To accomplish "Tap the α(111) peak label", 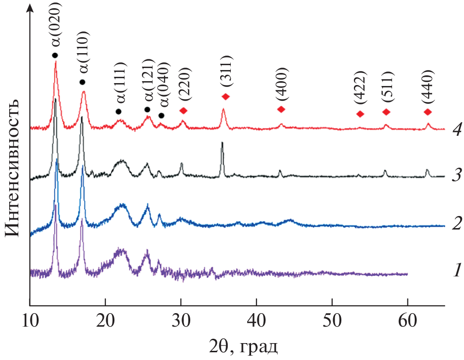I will (121, 83).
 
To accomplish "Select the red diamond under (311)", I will (225, 97).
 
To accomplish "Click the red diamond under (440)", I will (427, 112).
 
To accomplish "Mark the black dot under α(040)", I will (161, 115).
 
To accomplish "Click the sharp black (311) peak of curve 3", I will (222, 144).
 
